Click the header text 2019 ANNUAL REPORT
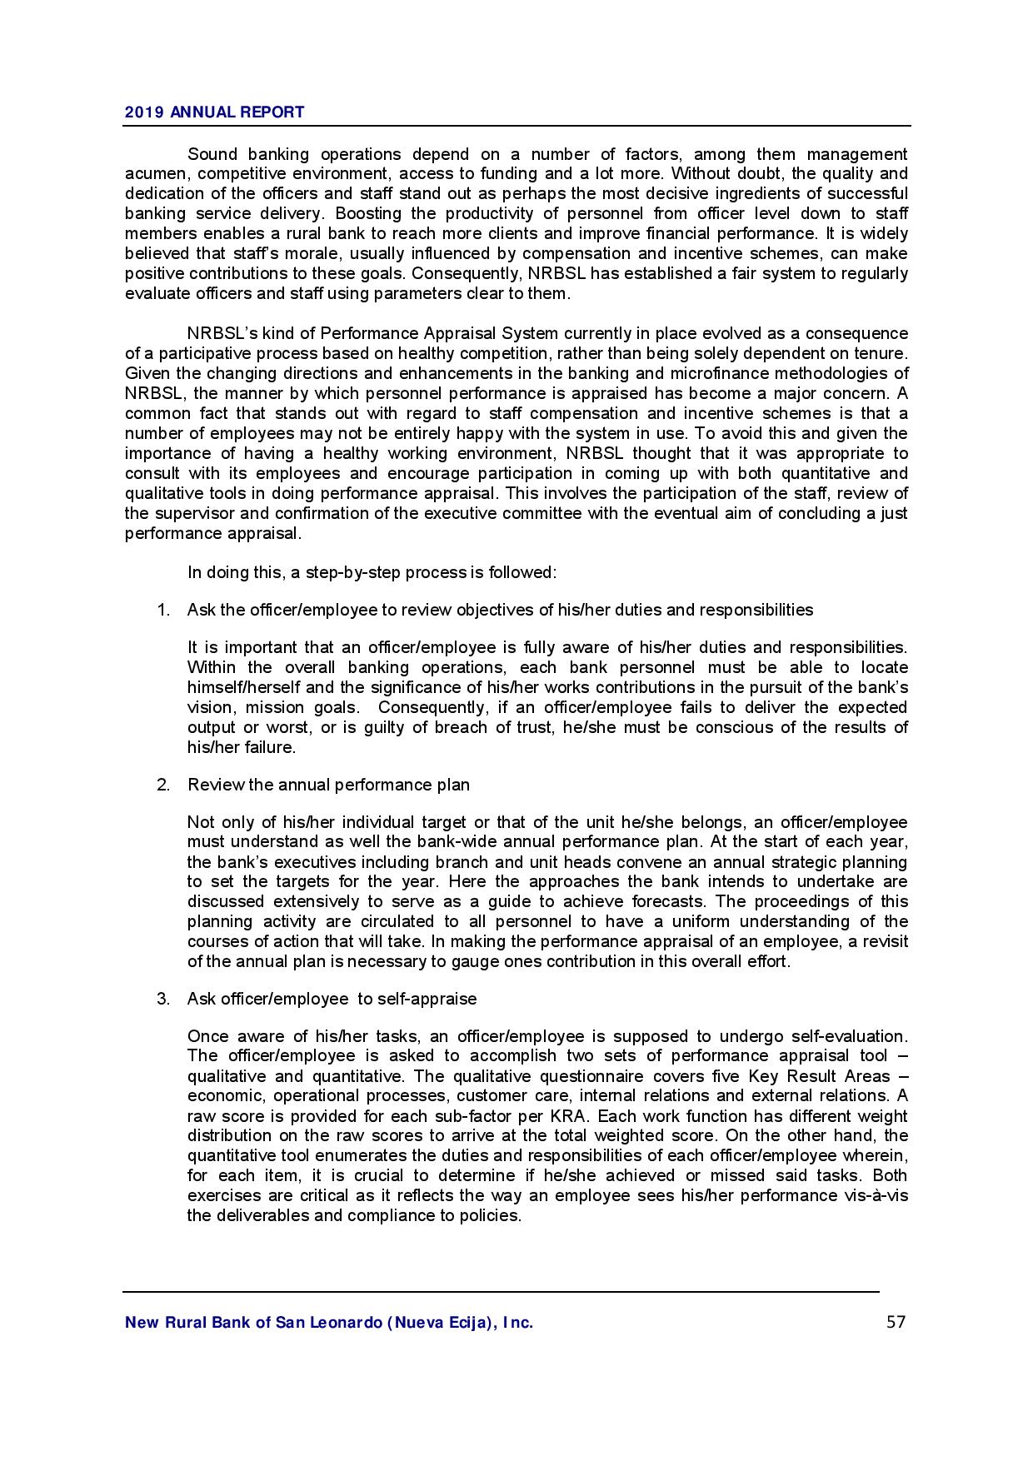pyautogui.click(x=214, y=112)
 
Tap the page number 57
pyautogui.click(x=896, y=1322)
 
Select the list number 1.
pyautogui.click(x=163, y=610)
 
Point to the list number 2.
pyautogui.click(x=163, y=785)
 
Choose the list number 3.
pyautogui.click(x=163, y=999)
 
